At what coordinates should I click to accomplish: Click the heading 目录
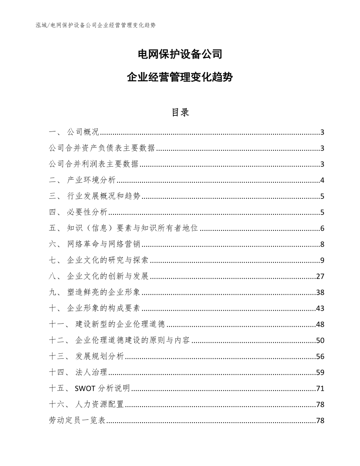(180, 112)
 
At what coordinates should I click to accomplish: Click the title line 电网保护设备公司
(180, 54)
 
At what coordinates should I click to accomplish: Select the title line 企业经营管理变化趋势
(180, 77)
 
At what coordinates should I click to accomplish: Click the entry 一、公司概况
(75, 132)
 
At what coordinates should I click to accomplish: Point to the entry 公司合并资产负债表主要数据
(102, 148)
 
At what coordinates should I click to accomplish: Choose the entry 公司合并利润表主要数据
(94, 164)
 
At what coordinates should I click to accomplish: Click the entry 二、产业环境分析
(83, 180)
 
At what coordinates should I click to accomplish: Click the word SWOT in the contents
(84, 389)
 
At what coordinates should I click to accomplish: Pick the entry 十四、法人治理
(79, 372)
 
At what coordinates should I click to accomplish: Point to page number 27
(320, 277)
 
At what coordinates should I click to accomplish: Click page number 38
(320, 293)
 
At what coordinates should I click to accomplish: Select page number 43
(320, 309)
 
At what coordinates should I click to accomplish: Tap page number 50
(320, 340)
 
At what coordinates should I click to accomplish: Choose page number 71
(320, 389)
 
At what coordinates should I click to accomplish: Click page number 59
(320, 372)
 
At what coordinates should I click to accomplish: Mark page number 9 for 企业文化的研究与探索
(322, 261)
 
